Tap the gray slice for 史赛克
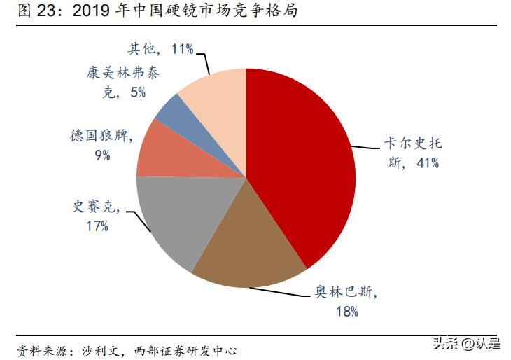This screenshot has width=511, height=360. (175, 217)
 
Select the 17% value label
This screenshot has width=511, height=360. (97, 226)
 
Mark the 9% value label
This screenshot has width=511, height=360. (103, 155)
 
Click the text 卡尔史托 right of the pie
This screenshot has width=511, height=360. (413, 144)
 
